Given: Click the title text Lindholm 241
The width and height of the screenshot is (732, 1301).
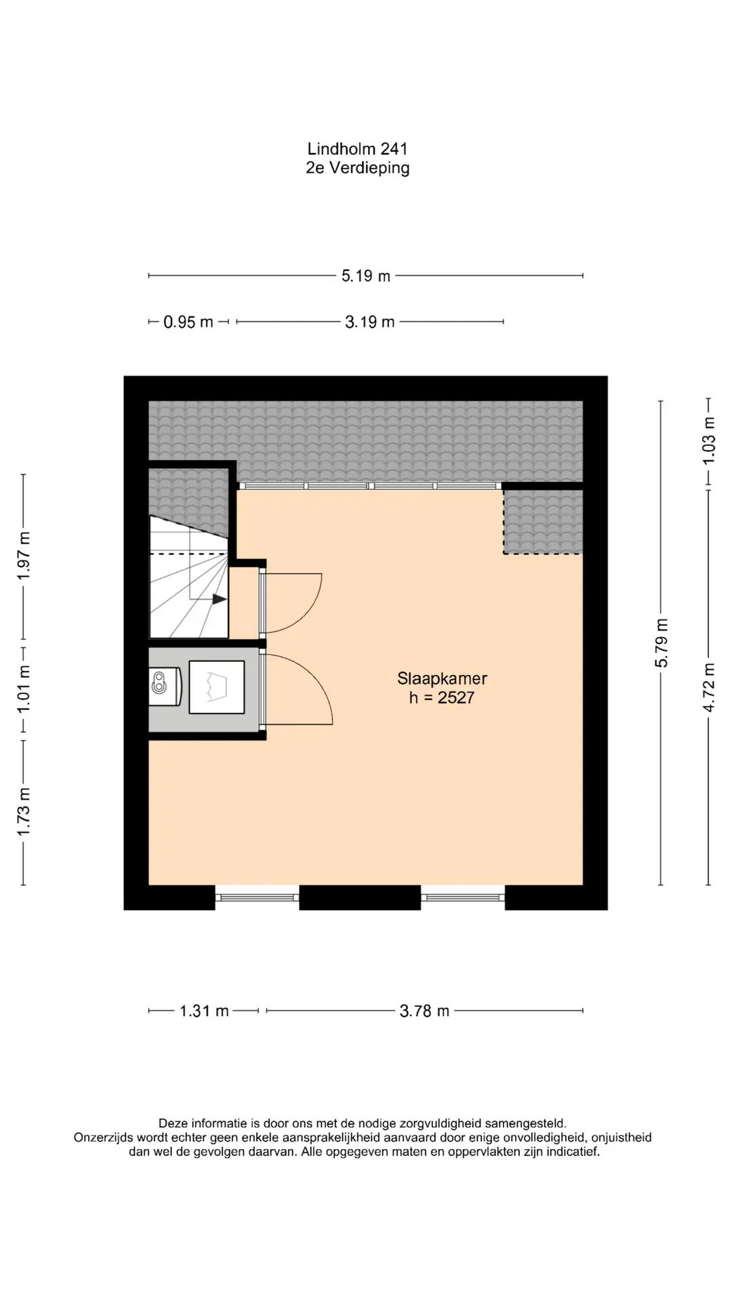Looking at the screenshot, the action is pyautogui.click(x=357, y=148).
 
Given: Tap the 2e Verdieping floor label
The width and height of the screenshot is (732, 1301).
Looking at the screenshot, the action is pyautogui.click(x=357, y=168).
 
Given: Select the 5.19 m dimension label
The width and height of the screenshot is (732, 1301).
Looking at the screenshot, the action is pyautogui.click(x=366, y=276).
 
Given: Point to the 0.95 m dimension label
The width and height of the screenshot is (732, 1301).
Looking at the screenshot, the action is pyautogui.click(x=188, y=322).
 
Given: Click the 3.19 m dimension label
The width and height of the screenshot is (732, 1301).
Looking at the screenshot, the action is pyautogui.click(x=369, y=322).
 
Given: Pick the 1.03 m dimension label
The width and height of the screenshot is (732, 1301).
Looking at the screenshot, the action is pyautogui.click(x=708, y=440).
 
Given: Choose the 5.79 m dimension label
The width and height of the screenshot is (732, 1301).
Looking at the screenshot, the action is pyautogui.click(x=662, y=643).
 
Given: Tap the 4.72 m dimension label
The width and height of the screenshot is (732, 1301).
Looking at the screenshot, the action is pyautogui.click(x=708, y=688).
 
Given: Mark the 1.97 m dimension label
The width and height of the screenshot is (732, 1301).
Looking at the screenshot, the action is pyautogui.click(x=24, y=556).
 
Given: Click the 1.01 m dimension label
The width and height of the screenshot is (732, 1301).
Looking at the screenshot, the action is pyautogui.click(x=24, y=689).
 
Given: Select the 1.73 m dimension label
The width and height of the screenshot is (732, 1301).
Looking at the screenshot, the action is pyautogui.click(x=24, y=812).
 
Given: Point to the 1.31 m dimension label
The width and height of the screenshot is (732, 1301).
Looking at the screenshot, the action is pyautogui.click(x=204, y=1011).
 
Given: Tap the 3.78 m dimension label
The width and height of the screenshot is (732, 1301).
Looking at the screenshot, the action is pyautogui.click(x=424, y=1011).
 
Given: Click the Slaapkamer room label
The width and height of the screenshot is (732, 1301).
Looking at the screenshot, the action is pyautogui.click(x=442, y=678).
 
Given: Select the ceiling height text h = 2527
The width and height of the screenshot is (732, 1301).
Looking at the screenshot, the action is pyautogui.click(x=442, y=698).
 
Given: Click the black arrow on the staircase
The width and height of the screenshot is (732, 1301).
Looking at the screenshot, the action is pyautogui.click(x=219, y=599).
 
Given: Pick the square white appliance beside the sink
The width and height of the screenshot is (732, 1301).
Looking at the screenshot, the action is pyautogui.click(x=217, y=687).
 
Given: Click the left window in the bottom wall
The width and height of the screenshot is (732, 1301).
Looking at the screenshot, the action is pyautogui.click(x=257, y=898).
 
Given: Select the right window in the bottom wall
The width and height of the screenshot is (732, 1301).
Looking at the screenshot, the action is pyautogui.click(x=463, y=898).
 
